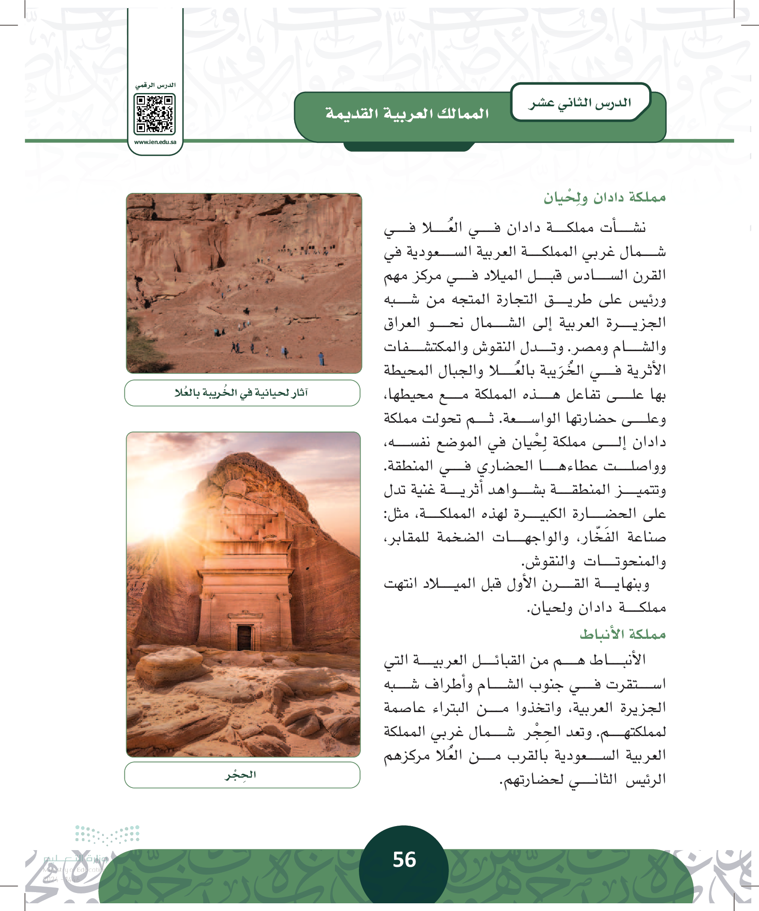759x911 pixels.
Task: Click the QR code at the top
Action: [155, 114]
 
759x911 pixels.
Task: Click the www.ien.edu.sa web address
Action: [155, 142]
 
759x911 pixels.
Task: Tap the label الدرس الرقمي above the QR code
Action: [155, 85]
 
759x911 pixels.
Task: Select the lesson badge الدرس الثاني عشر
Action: [579, 103]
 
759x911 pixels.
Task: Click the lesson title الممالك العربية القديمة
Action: [407, 114]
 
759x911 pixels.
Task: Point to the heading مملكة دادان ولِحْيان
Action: [605, 198]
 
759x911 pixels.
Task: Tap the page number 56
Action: [404, 860]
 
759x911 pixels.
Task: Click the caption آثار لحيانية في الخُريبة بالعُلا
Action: [242, 393]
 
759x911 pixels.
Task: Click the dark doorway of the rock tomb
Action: [244, 638]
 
